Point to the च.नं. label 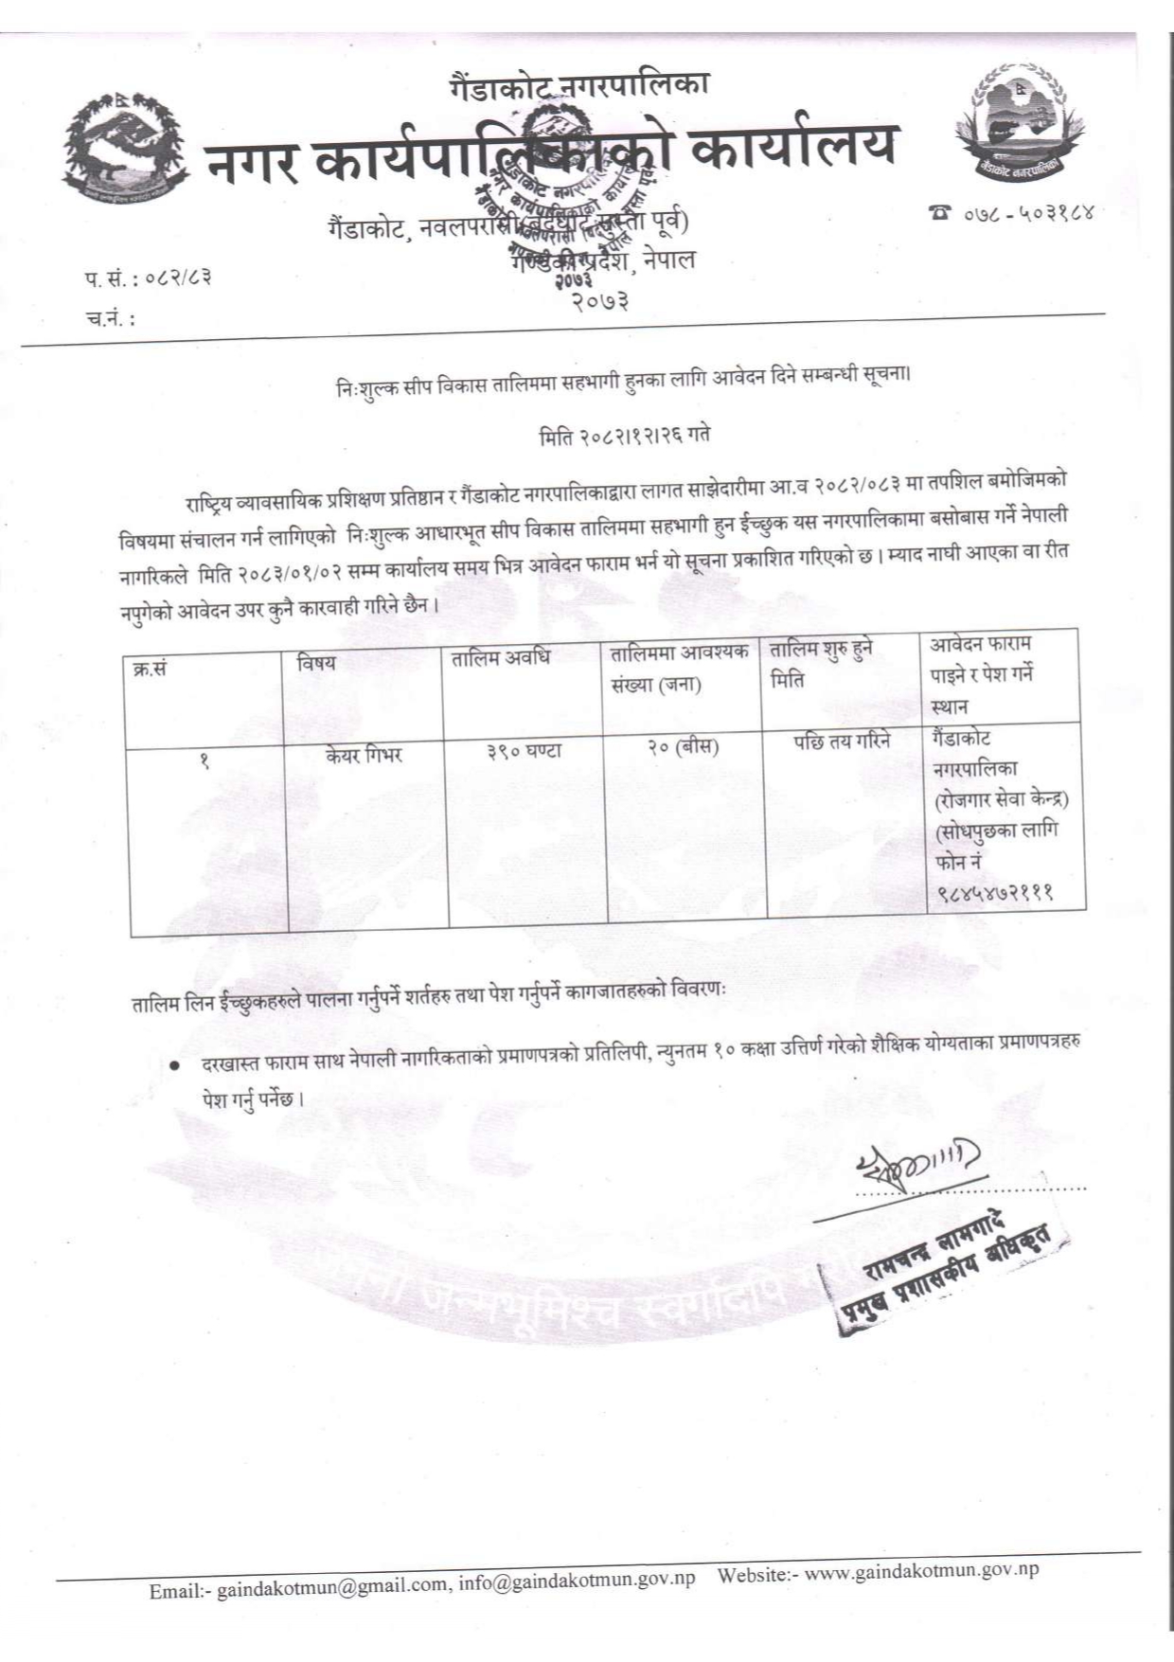(110, 319)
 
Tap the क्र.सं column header (150, 668)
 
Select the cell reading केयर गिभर (364, 755)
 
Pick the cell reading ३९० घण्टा (525, 750)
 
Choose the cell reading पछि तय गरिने (842, 742)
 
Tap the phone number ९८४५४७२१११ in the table (994, 892)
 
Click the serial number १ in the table (204, 760)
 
